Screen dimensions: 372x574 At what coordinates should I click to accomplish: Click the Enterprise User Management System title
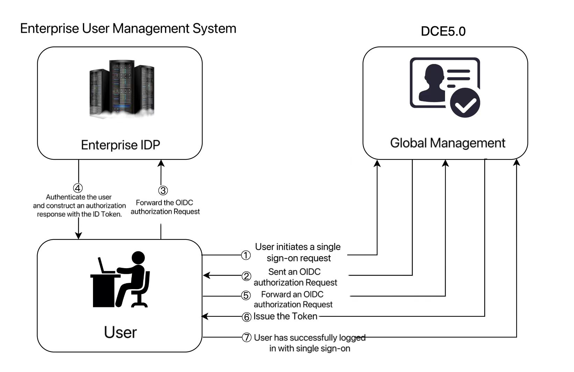128,28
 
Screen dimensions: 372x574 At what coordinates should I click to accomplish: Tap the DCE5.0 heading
443,31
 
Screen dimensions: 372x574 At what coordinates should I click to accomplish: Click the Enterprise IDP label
120,145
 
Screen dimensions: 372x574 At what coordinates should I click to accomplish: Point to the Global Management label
447,143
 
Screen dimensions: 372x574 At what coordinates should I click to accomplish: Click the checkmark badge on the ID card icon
465,102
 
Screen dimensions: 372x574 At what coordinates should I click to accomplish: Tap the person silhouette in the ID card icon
432,83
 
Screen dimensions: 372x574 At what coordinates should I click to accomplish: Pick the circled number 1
246,256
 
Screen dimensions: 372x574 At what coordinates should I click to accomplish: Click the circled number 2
246,276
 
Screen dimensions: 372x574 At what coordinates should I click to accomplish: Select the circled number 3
163,191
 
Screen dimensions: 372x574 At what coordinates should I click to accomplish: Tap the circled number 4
78,188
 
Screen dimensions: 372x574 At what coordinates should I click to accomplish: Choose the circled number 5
246,296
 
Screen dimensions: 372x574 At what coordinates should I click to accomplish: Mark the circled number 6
246,317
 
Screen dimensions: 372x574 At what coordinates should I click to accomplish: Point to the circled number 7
247,338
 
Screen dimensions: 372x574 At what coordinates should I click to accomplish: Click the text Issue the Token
285,316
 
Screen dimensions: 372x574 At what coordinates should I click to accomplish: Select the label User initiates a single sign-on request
298,252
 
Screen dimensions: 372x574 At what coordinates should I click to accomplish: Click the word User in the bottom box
120,332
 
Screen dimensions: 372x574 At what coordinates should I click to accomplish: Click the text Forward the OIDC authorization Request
165,207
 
